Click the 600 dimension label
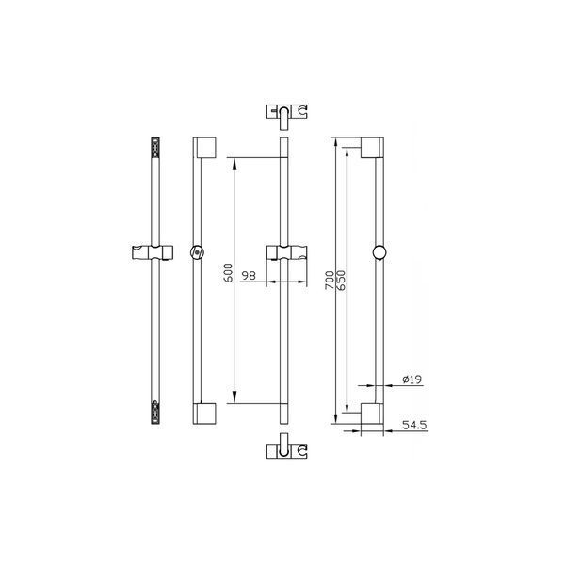click(229, 273)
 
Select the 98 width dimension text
click(249, 276)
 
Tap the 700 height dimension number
click(330, 280)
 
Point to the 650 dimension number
click(341, 280)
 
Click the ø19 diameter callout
click(412, 379)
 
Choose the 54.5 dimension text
click(414, 425)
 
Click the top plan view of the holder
click(287, 117)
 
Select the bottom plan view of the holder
click(287, 446)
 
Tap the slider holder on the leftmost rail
click(153, 252)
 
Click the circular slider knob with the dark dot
click(197, 252)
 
